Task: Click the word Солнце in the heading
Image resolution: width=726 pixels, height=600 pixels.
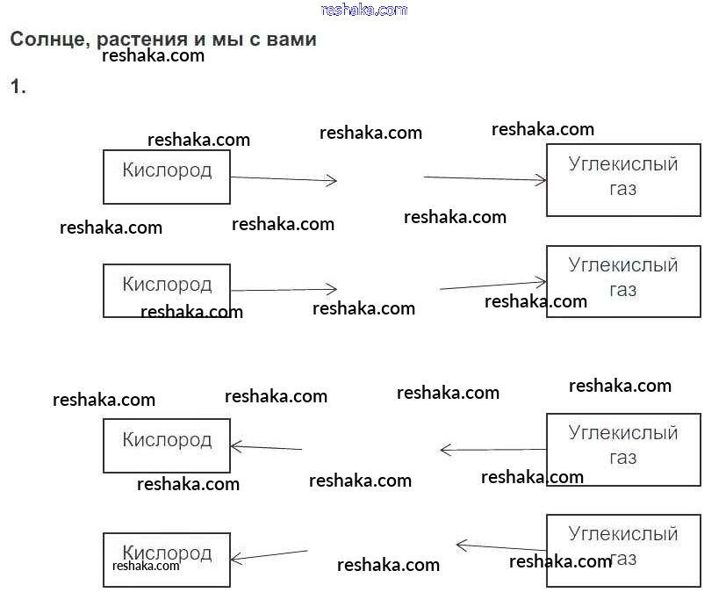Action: [x=45, y=40]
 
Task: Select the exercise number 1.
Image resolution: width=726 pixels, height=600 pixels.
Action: [x=18, y=86]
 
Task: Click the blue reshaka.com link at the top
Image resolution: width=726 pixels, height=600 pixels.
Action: [x=364, y=10]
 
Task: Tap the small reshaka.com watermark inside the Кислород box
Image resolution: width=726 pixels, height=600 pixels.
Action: [x=146, y=566]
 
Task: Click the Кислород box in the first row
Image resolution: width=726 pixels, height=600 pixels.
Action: [x=167, y=177]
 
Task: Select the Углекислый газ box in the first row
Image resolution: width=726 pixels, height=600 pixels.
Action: [x=623, y=179]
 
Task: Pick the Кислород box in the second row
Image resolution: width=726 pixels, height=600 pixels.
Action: [x=167, y=291]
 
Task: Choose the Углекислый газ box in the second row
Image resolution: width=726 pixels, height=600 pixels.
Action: [x=623, y=281]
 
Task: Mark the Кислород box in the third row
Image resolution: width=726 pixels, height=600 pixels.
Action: [x=167, y=445]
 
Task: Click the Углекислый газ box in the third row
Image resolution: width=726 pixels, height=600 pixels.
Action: [x=623, y=449]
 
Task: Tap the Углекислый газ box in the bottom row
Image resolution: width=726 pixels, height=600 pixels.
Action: [x=623, y=551]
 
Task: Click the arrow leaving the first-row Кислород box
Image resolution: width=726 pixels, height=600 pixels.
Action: [x=284, y=179]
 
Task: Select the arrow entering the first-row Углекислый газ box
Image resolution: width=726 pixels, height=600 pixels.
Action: [x=485, y=178]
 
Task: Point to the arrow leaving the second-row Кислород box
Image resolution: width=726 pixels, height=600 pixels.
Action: [x=284, y=289]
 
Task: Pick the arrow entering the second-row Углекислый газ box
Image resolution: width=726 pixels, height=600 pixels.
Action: [x=492, y=286]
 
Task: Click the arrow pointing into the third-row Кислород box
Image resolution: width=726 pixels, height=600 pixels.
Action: [x=266, y=448]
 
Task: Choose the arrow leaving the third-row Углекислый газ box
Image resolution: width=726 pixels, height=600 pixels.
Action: [x=492, y=450]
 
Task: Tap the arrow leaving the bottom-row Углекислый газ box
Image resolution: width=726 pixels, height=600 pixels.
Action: [x=500, y=547]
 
